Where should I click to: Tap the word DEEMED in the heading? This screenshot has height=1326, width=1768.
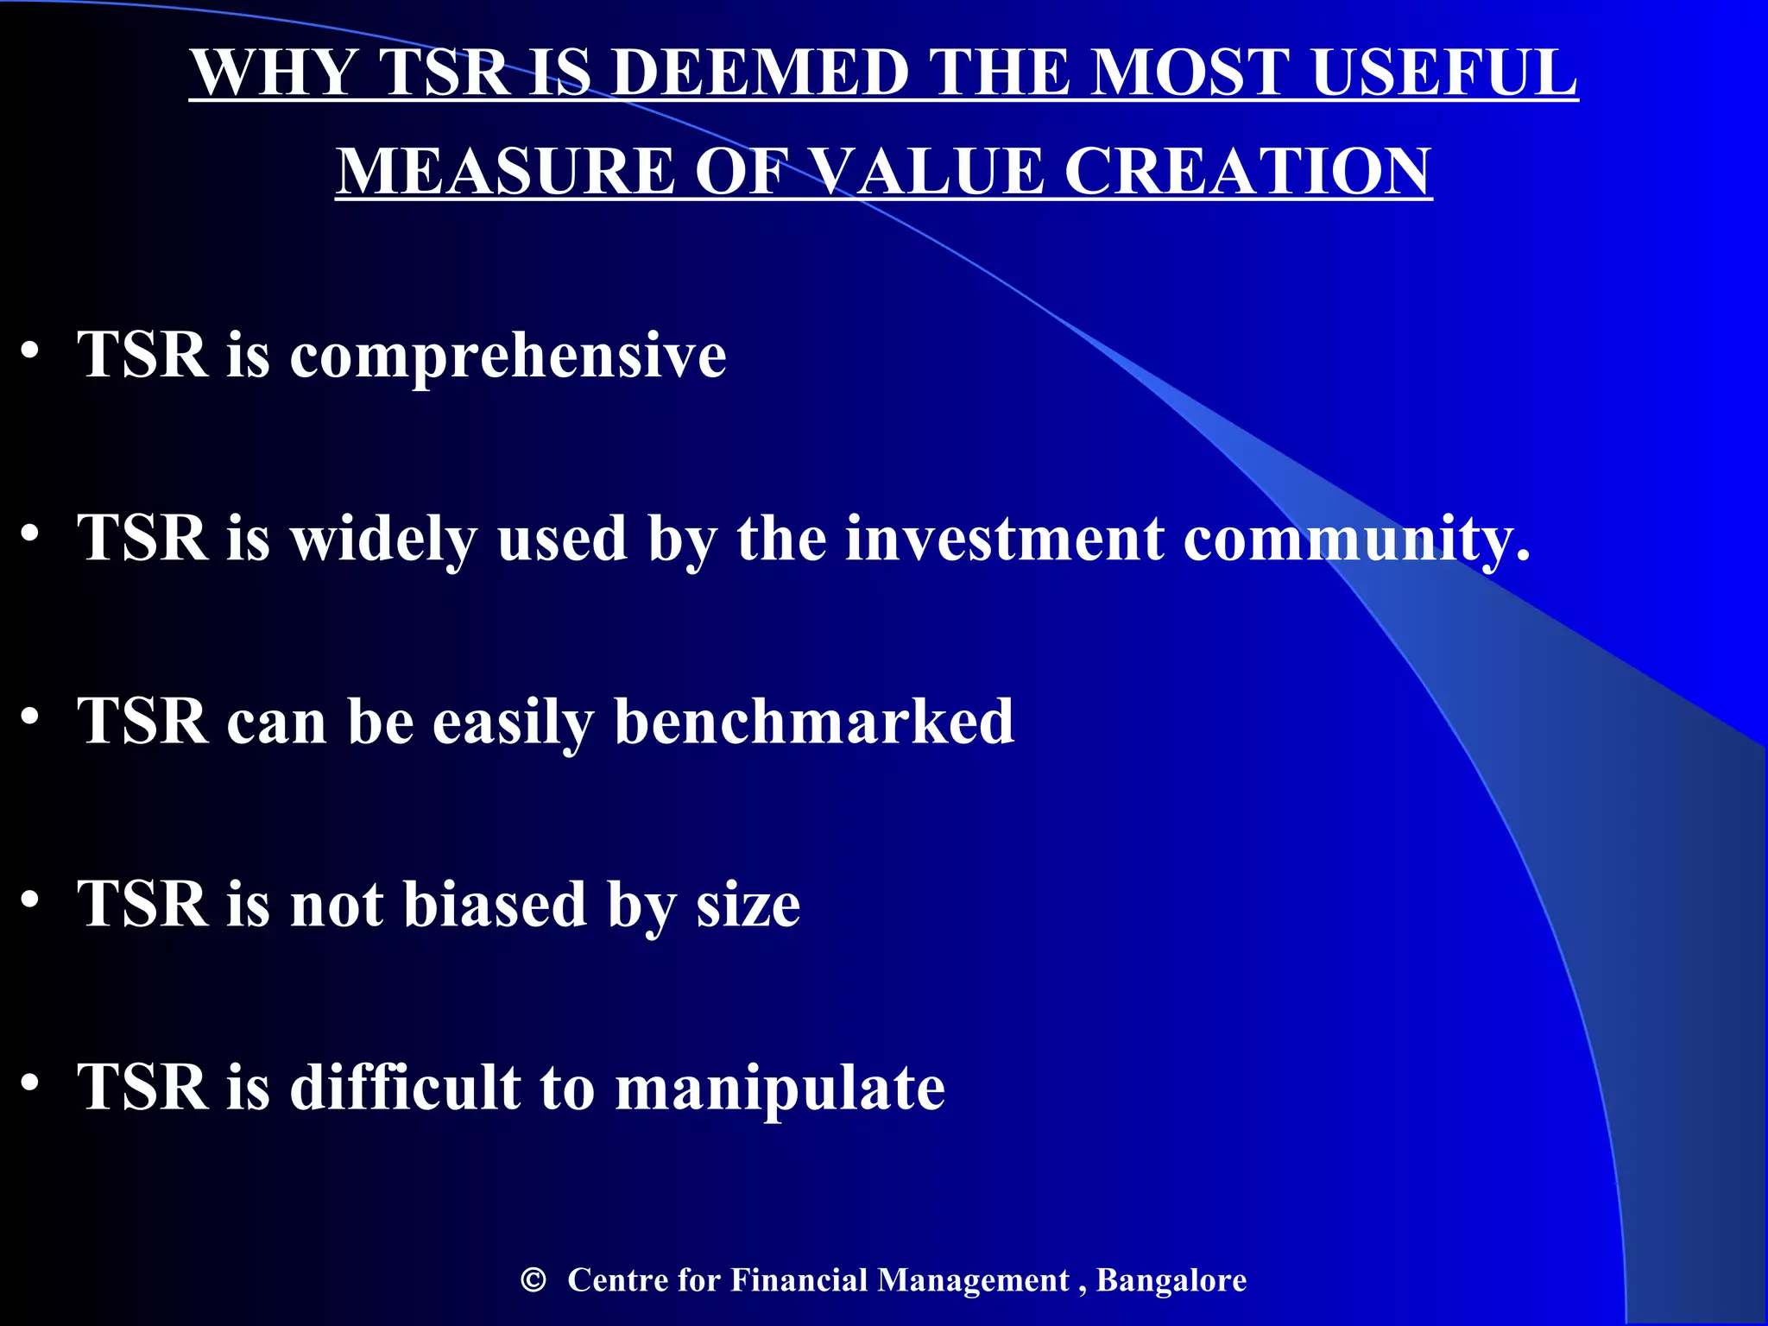click(760, 73)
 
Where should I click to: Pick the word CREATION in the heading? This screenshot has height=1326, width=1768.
click(1247, 171)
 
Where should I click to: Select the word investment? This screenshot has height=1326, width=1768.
click(1004, 540)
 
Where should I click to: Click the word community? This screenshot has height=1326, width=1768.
click(1355, 540)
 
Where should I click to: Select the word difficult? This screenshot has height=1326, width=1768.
click(405, 1087)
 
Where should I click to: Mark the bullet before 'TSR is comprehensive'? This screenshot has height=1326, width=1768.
click(30, 350)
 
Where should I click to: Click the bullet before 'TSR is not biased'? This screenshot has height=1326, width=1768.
click(30, 899)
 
